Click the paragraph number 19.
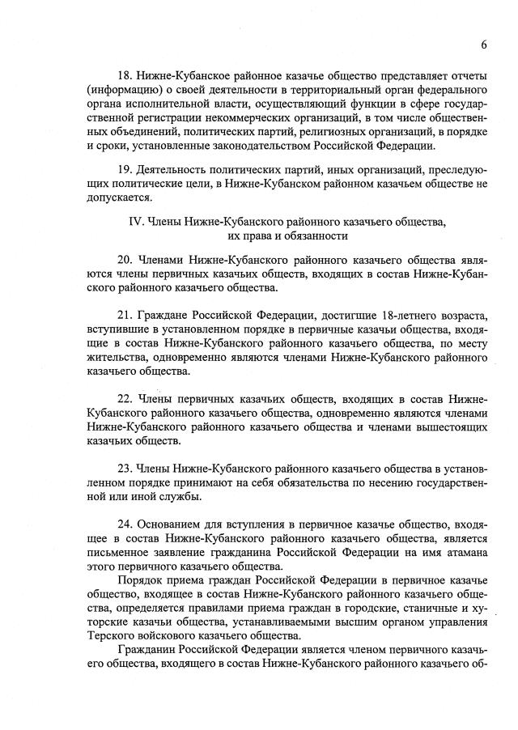126,172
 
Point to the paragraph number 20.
126,262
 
